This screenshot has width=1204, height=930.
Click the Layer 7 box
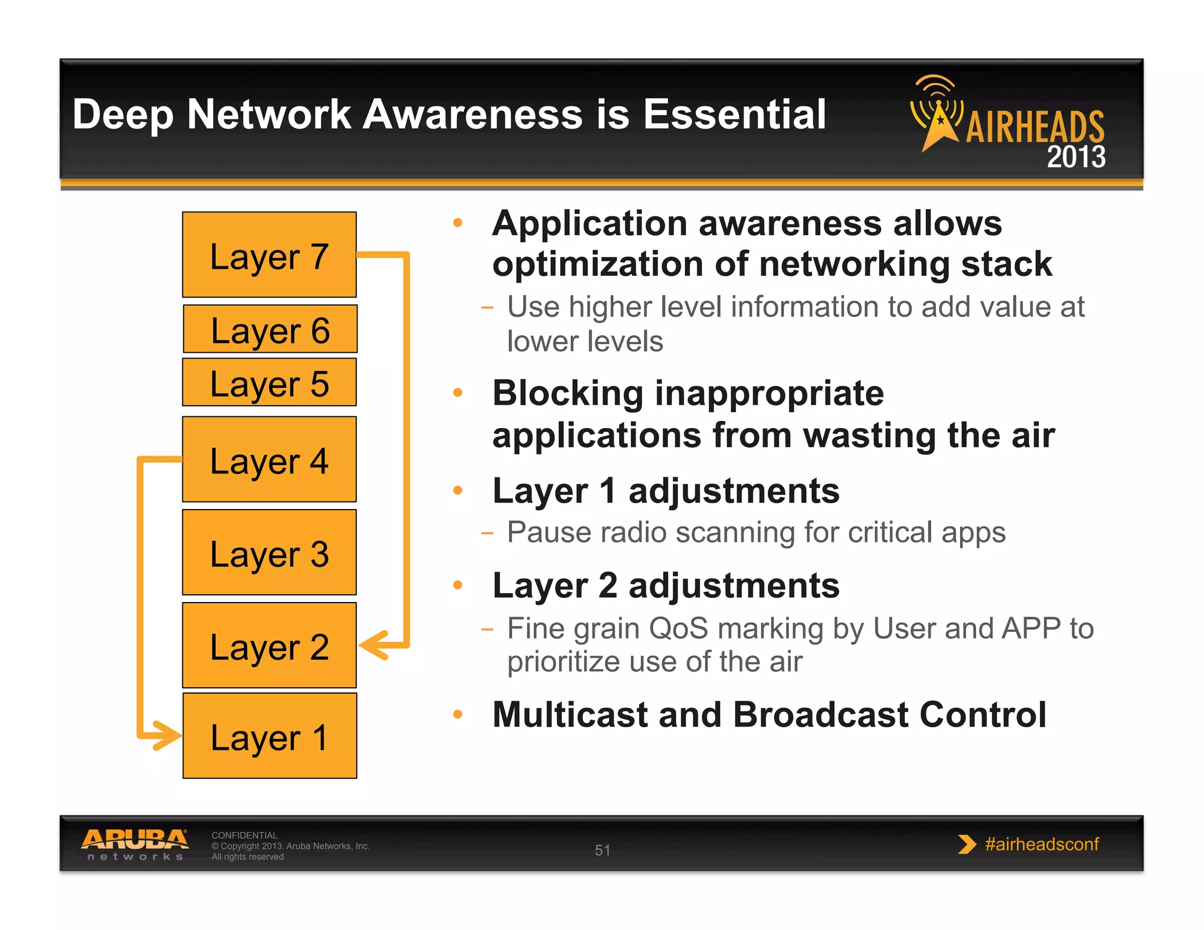[x=269, y=255]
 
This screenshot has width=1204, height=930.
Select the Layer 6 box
[x=270, y=329]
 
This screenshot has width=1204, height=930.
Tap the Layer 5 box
[x=269, y=383]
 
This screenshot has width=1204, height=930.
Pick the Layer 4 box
[x=269, y=460]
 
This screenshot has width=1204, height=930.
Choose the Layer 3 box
[x=269, y=553]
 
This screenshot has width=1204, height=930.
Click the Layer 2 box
[x=269, y=645]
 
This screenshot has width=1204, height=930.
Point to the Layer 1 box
[x=270, y=736]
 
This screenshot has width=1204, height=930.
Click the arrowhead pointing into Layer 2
[x=373, y=645]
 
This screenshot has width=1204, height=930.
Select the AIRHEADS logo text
[x=1035, y=127]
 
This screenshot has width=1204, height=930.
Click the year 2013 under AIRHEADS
[x=1076, y=157]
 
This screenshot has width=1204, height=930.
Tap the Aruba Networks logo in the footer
[x=135, y=845]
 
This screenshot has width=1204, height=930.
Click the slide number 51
[x=602, y=850]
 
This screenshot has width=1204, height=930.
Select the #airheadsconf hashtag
[x=1041, y=844]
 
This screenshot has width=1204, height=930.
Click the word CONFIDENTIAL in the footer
[x=244, y=835]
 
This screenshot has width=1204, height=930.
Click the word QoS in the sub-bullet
[x=678, y=628]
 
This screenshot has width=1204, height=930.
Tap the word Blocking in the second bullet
[x=567, y=393]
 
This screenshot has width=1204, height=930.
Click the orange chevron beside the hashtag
[x=965, y=844]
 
